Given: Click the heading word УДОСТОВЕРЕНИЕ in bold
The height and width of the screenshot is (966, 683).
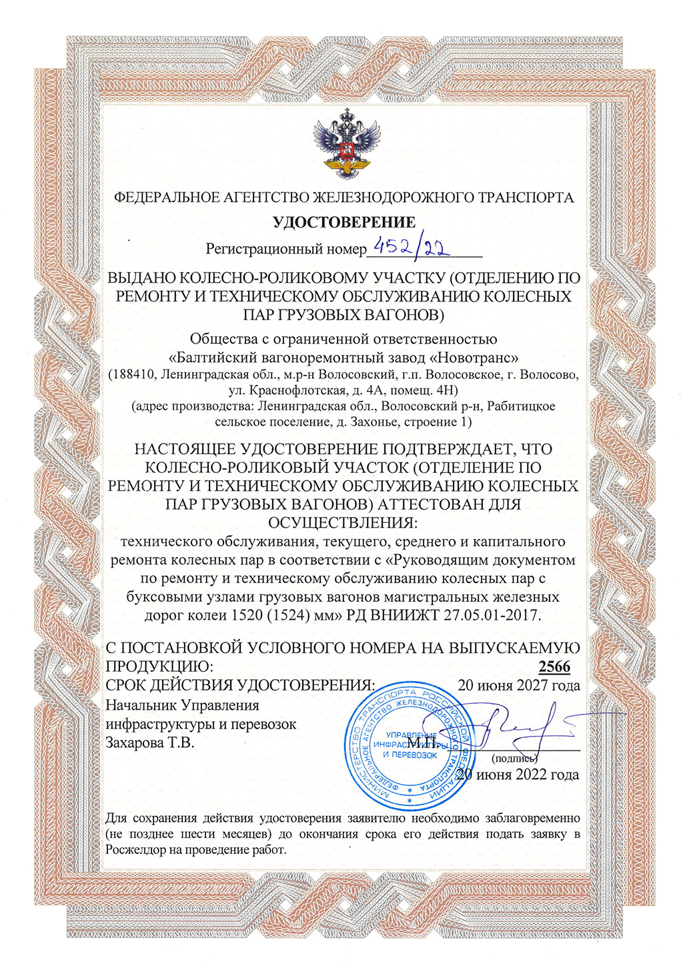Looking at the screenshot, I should (x=344, y=222).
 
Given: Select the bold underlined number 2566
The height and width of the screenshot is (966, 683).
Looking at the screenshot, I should (x=554, y=666).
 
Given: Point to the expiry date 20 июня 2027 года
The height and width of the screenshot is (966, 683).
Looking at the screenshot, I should (x=518, y=685).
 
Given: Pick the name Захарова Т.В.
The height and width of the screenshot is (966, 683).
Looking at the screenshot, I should (x=150, y=742).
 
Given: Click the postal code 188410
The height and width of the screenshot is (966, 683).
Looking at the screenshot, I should (x=134, y=374).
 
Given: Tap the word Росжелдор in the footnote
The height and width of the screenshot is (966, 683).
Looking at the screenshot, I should (x=132, y=849).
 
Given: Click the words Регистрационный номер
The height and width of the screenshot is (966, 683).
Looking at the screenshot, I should (x=286, y=250).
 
